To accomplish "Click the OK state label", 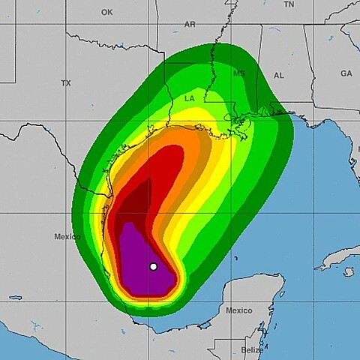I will click(x=106, y=12).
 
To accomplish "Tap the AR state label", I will click(x=190, y=24).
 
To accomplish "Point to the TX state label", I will click(x=66, y=83).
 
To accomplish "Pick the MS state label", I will click(x=239, y=74).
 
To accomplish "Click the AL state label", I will click(x=279, y=76).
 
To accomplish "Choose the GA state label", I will click(x=346, y=73).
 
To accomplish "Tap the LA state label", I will click(x=190, y=98).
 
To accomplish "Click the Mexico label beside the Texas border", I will click(x=67, y=237).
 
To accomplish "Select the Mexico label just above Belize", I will click(x=239, y=310).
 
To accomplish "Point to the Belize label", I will click(x=252, y=349).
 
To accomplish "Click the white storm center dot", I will click(x=154, y=266).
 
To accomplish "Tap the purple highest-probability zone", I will click(x=139, y=259).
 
